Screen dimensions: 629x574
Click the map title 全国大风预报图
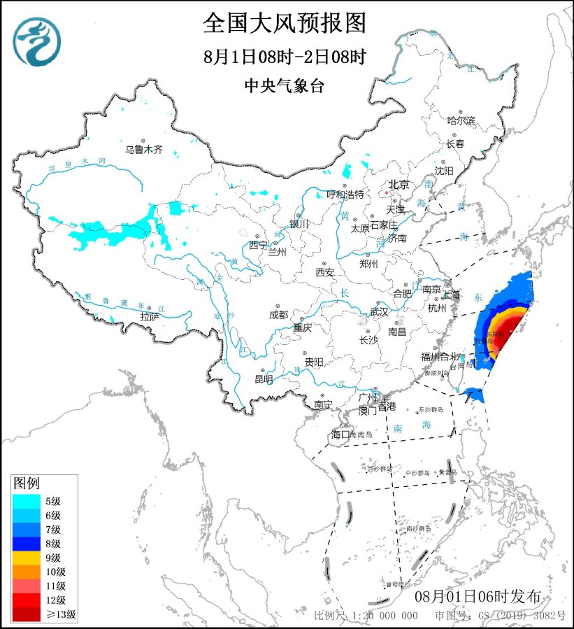(285, 24)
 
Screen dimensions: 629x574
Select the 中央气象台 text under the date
(285, 85)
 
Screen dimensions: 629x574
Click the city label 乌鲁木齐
(143, 149)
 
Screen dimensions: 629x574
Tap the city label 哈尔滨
(461, 121)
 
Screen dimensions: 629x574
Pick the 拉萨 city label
(150, 317)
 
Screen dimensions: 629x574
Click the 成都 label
(278, 315)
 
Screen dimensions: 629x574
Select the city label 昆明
(264, 380)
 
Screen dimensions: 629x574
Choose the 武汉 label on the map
(378, 311)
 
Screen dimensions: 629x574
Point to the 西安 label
(325, 272)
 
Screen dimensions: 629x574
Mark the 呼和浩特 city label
(346, 194)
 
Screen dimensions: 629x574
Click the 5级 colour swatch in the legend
(26, 500)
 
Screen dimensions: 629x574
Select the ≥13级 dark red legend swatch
(26, 615)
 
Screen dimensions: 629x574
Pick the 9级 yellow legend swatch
(26, 558)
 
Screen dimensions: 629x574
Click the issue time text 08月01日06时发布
(478, 597)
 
